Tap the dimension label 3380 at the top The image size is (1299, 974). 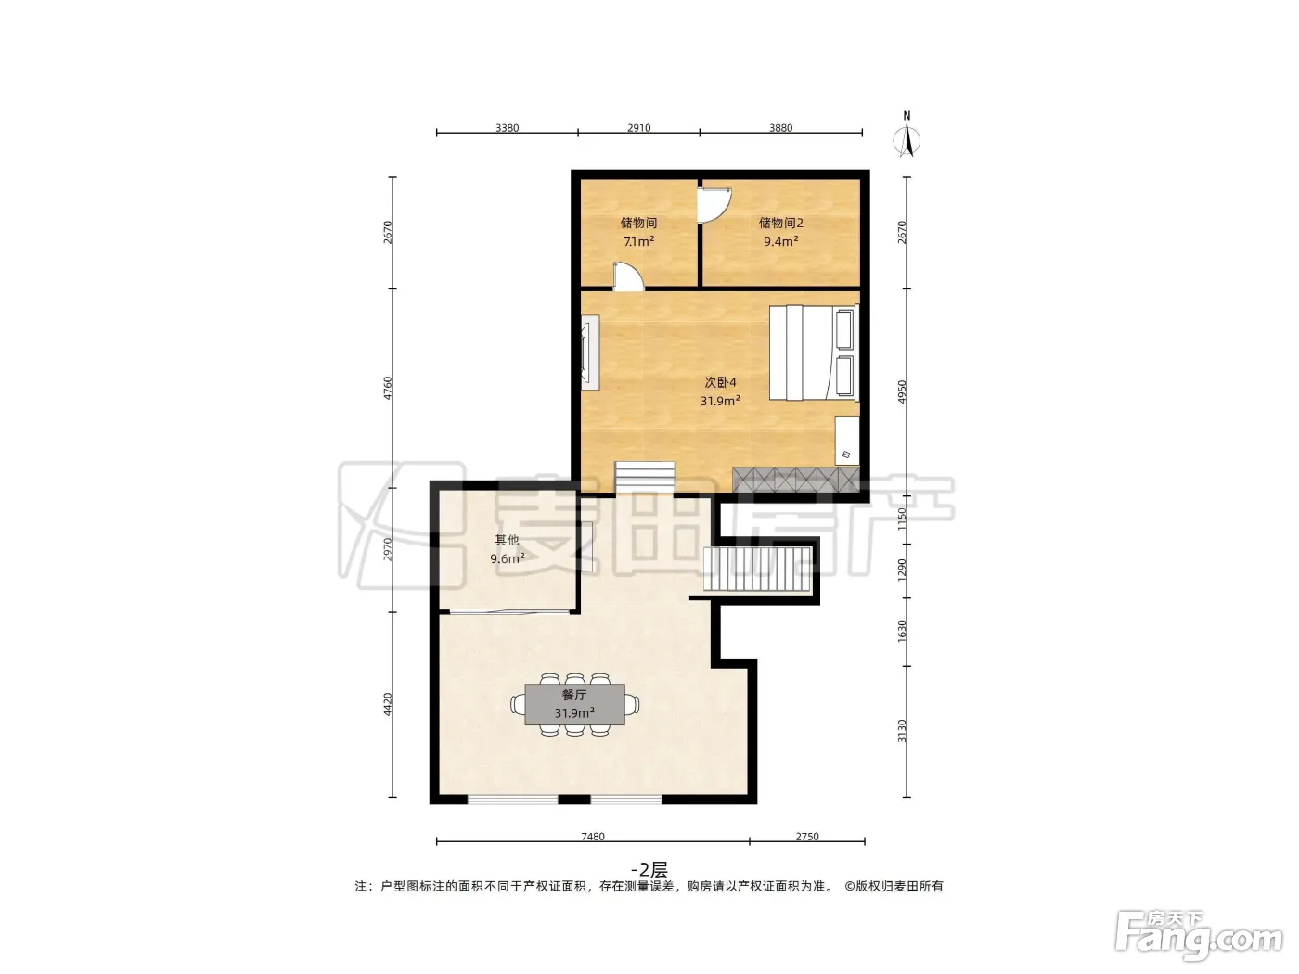[x=507, y=128]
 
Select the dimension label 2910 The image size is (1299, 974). [x=638, y=128]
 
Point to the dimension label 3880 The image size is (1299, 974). [x=780, y=128]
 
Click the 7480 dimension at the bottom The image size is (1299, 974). [x=592, y=836]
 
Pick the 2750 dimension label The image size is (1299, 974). [x=806, y=836]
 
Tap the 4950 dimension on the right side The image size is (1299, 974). [x=901, y=391]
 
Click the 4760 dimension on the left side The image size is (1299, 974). [x=388, y=388]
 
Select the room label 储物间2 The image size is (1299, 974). [x=780, y=223]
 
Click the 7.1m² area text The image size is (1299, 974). [x=638, y=241]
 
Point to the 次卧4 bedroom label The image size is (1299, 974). [x=720, y=382]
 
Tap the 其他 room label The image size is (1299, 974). [x=507, y=539]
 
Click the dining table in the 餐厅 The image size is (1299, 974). [x=574, y=704]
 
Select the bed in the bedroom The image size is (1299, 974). [x=814, y=352]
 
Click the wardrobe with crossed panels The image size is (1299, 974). [x=795, y=480]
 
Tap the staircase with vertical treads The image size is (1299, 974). [x=757, y=569]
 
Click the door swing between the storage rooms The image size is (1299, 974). [x=714, y=205]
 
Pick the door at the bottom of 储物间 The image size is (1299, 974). [x=628, y=276]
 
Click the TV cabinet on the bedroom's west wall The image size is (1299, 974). [x=590, y=352]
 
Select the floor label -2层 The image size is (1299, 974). [x=649, y=869]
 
